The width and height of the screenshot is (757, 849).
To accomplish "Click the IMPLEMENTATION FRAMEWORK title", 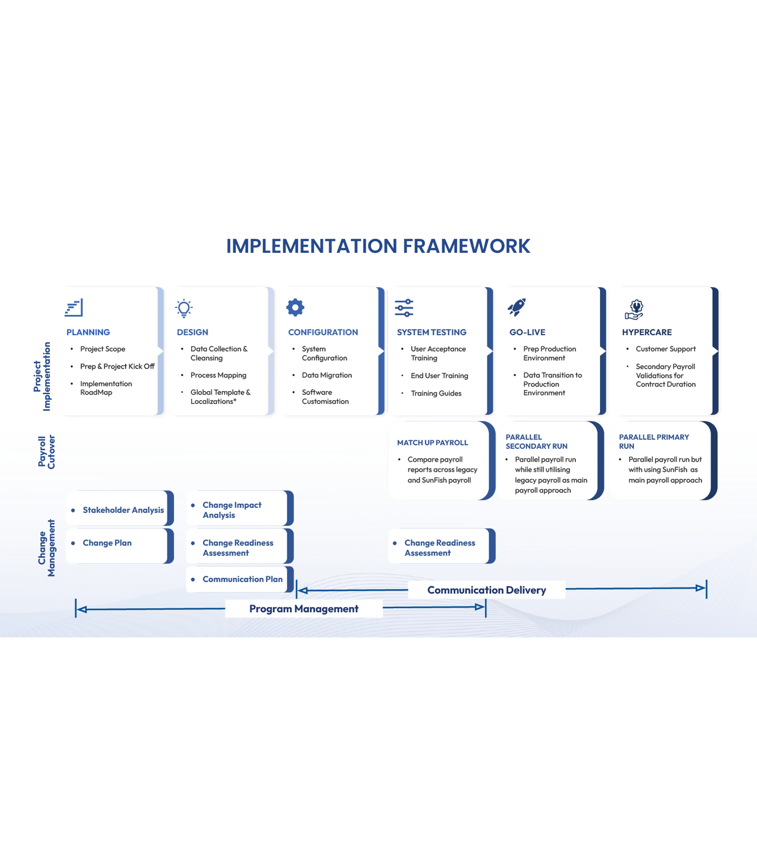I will (x=379, y=246).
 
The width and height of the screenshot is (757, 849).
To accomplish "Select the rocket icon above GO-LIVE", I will (x=517, y=307).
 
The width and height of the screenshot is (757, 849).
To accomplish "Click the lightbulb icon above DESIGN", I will (x=184, y=308).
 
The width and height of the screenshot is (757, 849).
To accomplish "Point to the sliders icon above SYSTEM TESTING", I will (x=404, y=308).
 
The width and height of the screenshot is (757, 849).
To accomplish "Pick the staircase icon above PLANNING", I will (x=74, y=308).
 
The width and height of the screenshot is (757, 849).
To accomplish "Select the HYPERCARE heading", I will (x=647, y=332).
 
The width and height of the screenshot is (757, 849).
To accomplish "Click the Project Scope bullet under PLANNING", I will (x=102, y=349).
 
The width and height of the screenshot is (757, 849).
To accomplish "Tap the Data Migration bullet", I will (x=327, y=375).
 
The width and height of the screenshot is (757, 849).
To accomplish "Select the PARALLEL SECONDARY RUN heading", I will (x=536, y=441).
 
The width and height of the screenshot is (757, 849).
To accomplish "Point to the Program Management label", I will (x=304, y=609).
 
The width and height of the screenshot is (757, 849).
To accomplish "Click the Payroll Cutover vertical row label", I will (x=46, y=452).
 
